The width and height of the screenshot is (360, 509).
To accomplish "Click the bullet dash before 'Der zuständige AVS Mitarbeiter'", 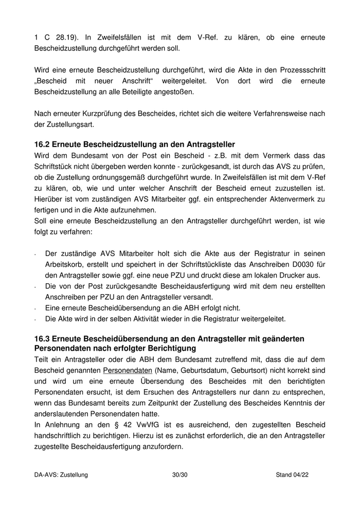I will tap(35, 254).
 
